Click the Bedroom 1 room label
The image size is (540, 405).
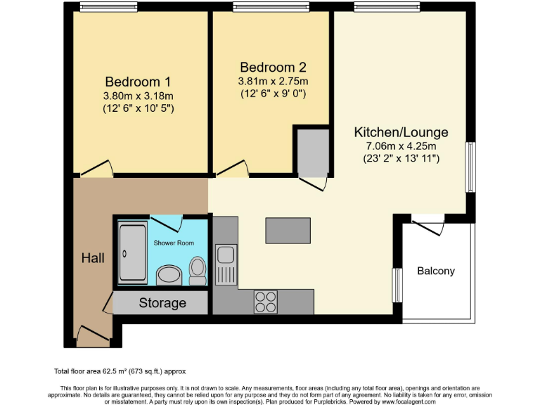(139, 81)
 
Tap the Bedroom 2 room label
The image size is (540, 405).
(273, 67)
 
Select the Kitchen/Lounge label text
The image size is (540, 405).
(401, 132)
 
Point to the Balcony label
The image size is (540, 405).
(435, 271)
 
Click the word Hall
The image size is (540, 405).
(93, 258)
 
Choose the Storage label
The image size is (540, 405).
(162, 303)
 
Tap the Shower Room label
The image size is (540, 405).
(174, 243)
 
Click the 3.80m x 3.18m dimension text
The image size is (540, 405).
(139, 96)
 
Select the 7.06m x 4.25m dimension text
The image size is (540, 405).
(400, 146)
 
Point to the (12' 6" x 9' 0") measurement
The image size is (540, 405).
(273, 94)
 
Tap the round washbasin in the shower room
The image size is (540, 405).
(169, 275)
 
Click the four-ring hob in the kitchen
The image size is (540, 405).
(266, 302)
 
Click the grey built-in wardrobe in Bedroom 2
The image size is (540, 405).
(312, 152)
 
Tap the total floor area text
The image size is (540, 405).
(120, 371)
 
